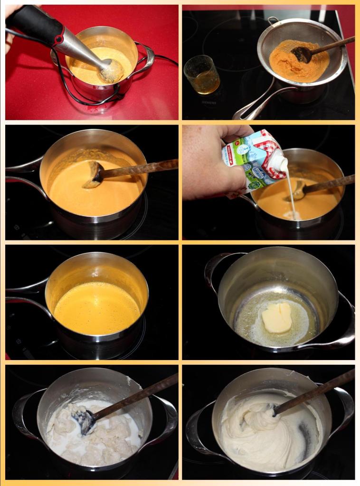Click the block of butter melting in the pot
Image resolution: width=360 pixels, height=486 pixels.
(277, 317)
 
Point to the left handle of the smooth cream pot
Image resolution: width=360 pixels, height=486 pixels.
(197, 428)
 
